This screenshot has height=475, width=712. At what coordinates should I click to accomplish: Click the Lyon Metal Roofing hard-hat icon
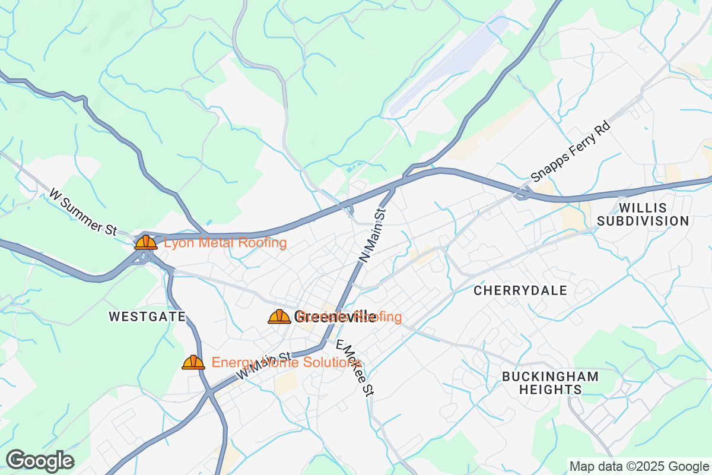tap(145, 242)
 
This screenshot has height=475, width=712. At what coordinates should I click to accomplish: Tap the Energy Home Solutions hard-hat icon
tap(193, 362)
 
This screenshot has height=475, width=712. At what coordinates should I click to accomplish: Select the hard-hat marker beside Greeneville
tap(279, 316)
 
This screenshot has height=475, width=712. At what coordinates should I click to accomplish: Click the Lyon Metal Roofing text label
tap(225, 242)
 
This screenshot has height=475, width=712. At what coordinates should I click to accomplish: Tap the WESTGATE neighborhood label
tap(147, 317)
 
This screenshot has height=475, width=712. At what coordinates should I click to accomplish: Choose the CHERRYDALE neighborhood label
tap(520, 290)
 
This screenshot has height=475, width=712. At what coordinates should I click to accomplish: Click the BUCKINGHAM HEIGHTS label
tap(550, 383)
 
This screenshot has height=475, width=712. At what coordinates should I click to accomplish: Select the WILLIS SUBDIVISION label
tap(643, 214)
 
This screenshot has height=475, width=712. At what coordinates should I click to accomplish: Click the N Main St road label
tap(373, 235)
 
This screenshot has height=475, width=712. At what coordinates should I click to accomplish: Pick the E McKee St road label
tap(355, 368)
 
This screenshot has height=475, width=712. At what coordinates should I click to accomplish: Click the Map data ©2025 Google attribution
tap(640, 466)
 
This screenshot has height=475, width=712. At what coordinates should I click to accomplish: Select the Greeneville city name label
tap(335, 316)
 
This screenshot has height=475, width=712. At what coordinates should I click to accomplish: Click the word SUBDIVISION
tap(643, 221)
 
